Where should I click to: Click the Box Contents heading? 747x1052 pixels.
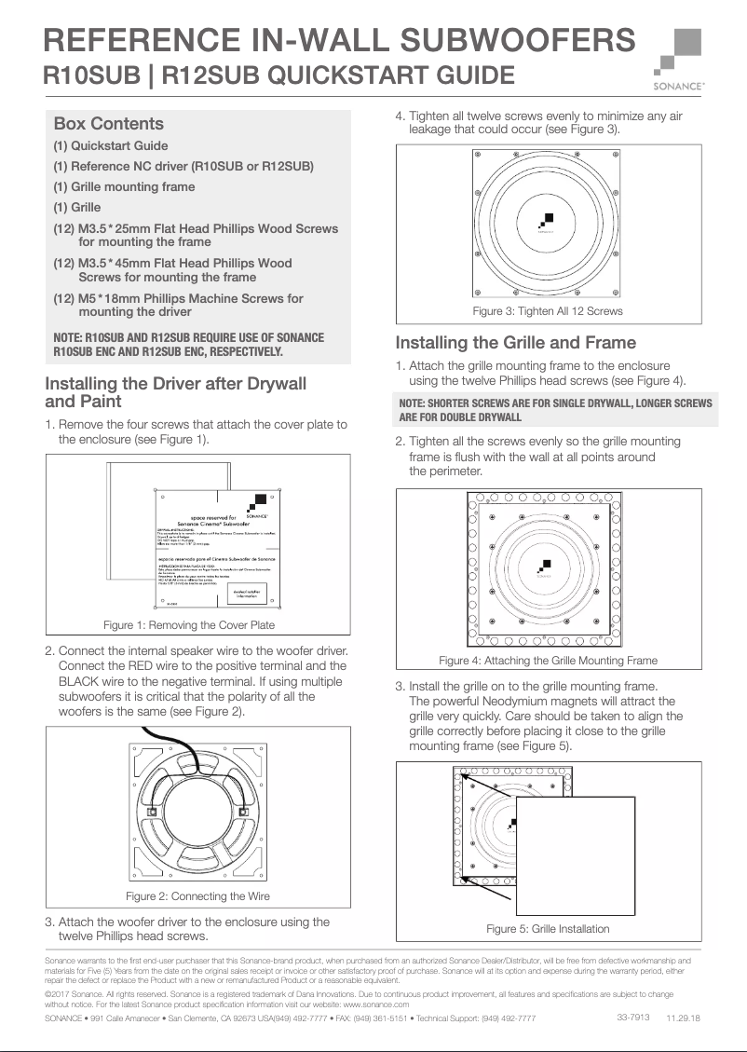(x=108, y=124)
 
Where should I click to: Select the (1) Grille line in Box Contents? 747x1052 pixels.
(x=76, y=207)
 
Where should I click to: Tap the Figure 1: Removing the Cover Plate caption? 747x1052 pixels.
(x=189, y=624)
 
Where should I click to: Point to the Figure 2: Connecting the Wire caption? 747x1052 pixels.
(x=197, y=895)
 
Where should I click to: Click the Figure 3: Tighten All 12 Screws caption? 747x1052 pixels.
(x=548, y=310)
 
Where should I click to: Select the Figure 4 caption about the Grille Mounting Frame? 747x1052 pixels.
(x=548, y=660)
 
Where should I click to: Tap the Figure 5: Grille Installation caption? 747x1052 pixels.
(x=548, y=928)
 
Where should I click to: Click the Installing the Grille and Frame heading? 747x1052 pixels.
(x=516, y=342)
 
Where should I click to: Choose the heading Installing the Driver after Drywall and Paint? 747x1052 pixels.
(x=175, y=392)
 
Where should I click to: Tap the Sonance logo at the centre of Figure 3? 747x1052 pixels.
(x=547, y=222)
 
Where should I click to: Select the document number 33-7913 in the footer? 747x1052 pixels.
(x=632, y=1017)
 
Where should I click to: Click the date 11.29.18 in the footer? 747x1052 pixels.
(x=683, y=1018)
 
